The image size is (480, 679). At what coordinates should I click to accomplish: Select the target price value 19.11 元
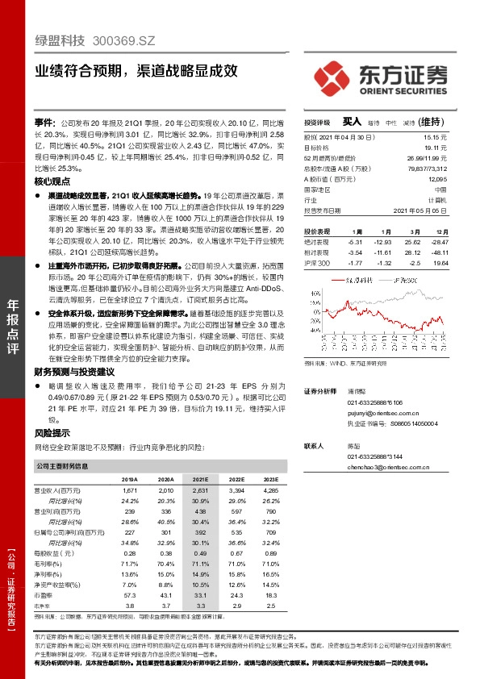[436, 148]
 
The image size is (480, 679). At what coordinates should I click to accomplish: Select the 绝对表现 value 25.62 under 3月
[414, 241]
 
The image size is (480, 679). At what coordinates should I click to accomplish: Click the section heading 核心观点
[52, 181]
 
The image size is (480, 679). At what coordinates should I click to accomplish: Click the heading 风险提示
[52, 432]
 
